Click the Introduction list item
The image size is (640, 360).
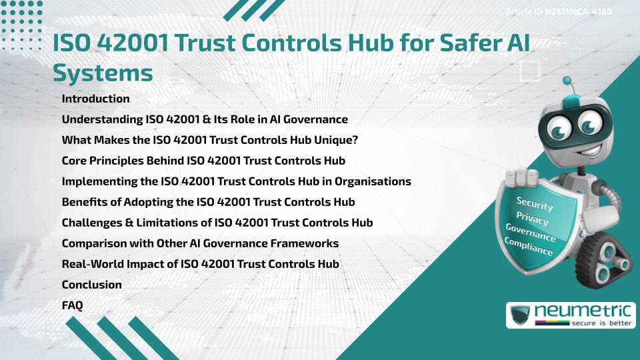pyautogui.click(x=95, y=99)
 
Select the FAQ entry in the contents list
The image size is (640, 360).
pyautogui.click(x=73, y=305)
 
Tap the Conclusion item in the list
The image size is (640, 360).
pyautogui.click(x=91, y=285)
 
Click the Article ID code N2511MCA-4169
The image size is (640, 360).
pyautogui.click(x=579, y=11)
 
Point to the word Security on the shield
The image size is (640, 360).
pyautogui.click(x=535, y=204)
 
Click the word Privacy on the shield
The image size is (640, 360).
pyautogui.click(x=533, y=219)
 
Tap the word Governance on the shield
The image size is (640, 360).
pyautogui.click(x=531, y=233)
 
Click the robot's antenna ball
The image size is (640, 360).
pyautogui.click(x=568, y=81)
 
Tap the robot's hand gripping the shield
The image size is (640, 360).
pyautogui.click(x=523, y=176)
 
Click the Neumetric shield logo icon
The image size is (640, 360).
pyautogui.click(x=520, y=315)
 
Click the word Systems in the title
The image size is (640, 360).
pyautogui.click(x=103, y=72)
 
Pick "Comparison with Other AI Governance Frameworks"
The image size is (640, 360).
pyautogui.click(x=200, y=243)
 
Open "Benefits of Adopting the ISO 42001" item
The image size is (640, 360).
pyautogui.click(x=208, y=202)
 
